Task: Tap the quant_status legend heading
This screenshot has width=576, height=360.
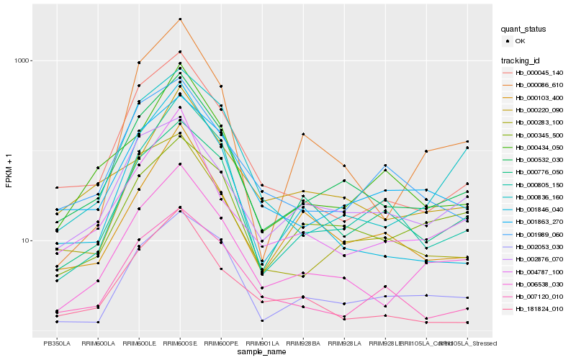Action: [x=523, y=30]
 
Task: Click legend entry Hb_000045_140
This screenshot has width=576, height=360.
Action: [x=539, y=73]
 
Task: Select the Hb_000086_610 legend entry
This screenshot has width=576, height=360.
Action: [x=539, y=85]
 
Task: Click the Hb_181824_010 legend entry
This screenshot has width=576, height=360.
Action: [x=539, y=308]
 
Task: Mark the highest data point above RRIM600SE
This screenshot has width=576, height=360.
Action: [x=180, y=19]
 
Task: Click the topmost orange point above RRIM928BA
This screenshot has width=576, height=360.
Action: [x=303, y=135]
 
